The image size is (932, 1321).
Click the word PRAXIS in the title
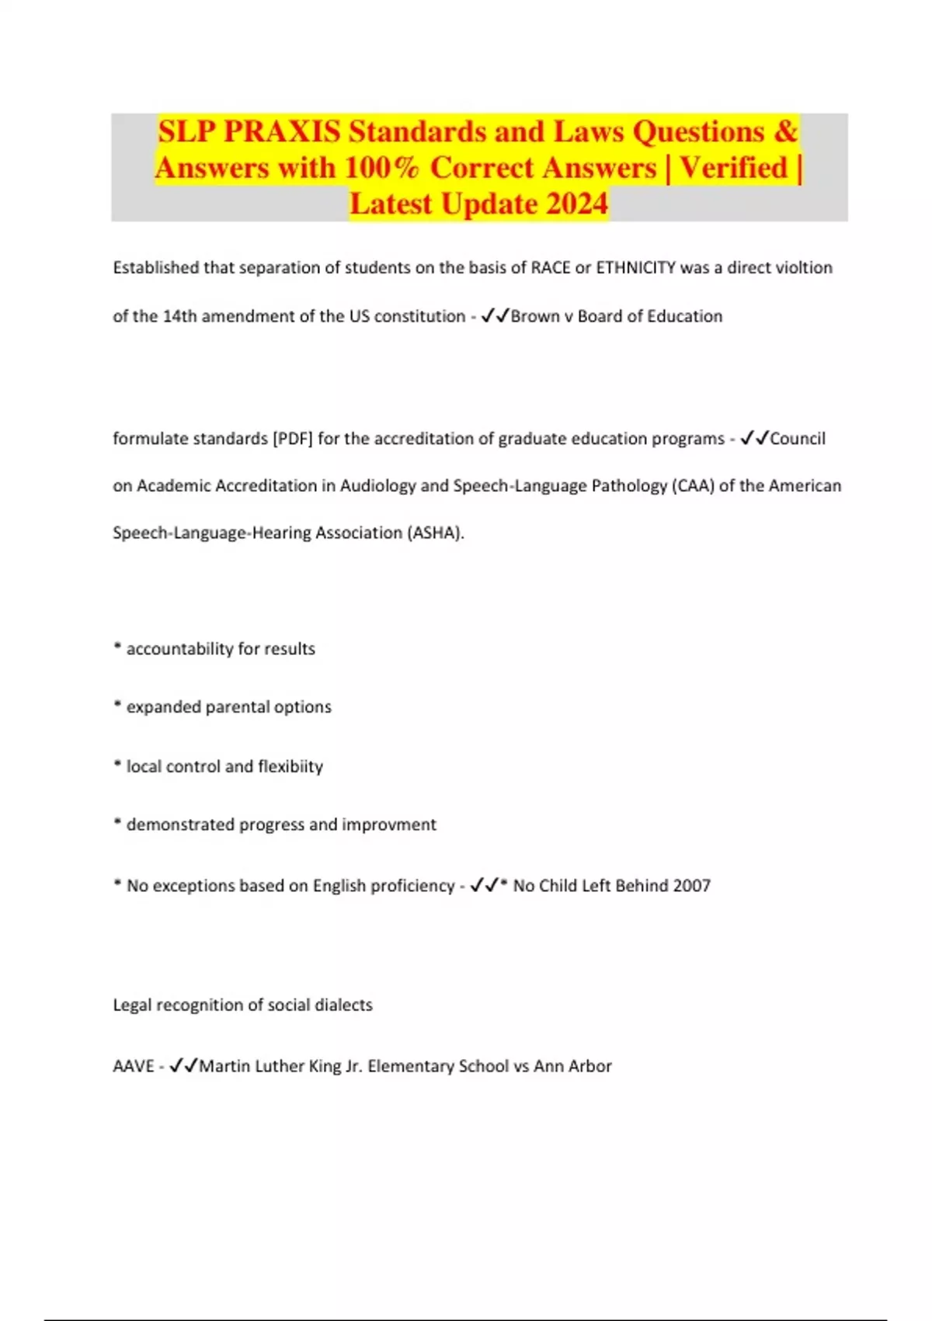pos(282,132)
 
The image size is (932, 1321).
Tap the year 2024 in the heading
pos(576,204)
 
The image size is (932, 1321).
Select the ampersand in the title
pos(785,132)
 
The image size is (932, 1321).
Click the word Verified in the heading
pos(734,168)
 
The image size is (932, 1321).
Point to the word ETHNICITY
pos(635,268)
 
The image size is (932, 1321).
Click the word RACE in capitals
pos(550,268)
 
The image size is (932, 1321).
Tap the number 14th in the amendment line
pos(180,316)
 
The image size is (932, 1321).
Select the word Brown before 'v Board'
pos(535,316)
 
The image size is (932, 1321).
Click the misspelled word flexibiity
pos(290,766)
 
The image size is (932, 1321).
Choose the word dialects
pos(343,1005)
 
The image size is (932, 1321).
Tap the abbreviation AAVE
pos(134,1066)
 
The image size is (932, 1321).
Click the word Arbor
pos(591,1066)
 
